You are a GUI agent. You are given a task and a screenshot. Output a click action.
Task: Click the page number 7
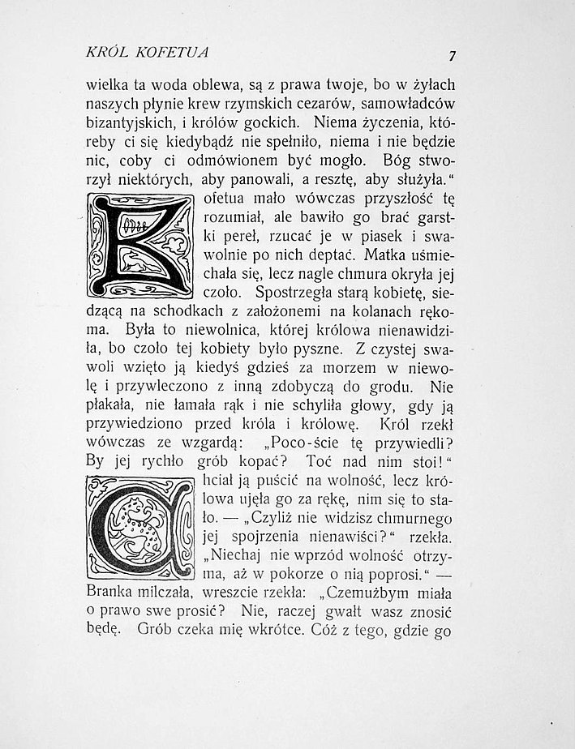[x=451, y=55]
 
